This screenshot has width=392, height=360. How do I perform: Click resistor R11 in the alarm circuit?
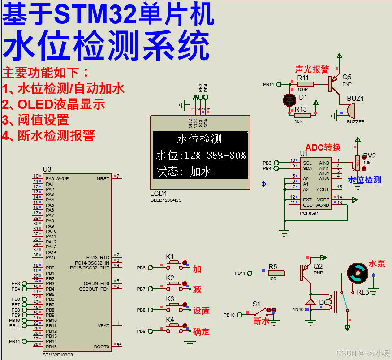(305, 84)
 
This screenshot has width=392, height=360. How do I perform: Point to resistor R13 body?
(302, 116)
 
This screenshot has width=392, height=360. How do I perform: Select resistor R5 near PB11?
(276, 273)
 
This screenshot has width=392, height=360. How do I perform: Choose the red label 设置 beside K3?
(201, 311)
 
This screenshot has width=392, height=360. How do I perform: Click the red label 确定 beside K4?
(201, 332)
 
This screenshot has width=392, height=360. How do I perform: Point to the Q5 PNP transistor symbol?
(334, 84)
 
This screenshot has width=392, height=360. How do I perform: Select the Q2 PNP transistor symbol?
(306, 270)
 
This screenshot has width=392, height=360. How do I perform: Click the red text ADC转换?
(323, 147)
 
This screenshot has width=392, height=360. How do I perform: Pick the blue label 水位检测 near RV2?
(365, 180)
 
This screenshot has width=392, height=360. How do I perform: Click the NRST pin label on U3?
(103, 178)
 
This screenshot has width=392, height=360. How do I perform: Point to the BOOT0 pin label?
(101, 347)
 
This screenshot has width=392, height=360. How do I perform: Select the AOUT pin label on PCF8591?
(323, 189)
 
